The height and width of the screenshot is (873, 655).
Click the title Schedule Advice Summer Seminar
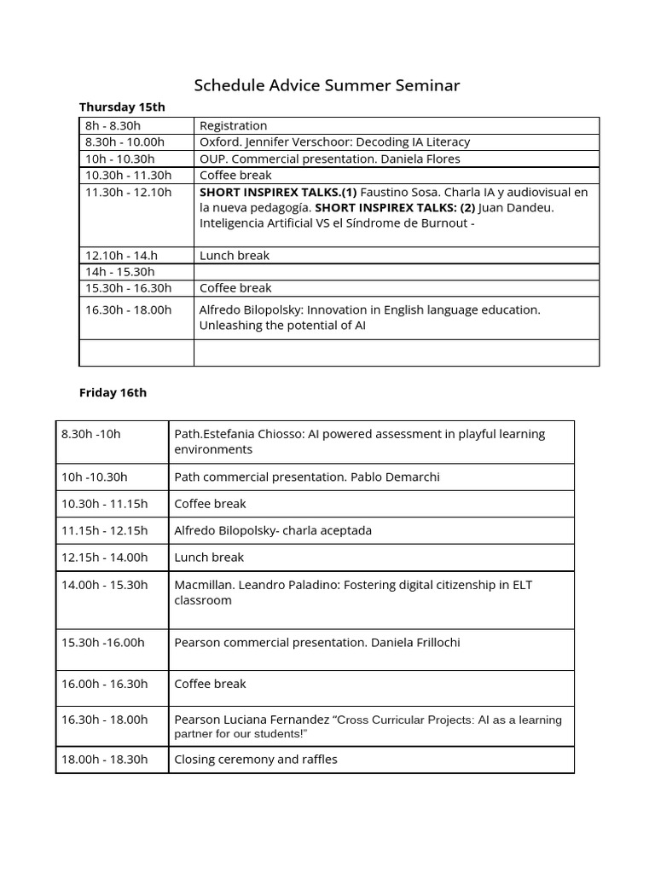(327, 84)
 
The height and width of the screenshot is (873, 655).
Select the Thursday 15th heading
(122, 107)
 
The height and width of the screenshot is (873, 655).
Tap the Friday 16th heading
(113, 392)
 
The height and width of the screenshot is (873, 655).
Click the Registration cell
(233, 125)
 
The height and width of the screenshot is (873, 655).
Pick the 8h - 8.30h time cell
(113, 125)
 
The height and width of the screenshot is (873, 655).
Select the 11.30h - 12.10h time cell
(128, 192)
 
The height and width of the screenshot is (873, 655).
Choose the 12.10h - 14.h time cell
(121, 255)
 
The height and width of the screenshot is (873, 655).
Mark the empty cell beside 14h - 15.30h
(396, 271)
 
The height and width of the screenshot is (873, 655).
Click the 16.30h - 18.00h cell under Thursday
(128, 309)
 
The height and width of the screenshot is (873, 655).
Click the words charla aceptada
(328, 530)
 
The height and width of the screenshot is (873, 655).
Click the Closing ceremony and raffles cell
(256, 759)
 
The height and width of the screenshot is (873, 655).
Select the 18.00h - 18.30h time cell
(104, 759)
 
